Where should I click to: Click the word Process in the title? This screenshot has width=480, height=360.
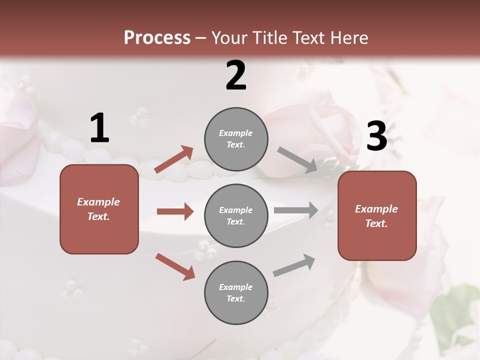click(157, 38)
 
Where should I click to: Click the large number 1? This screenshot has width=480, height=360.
click(99, 128)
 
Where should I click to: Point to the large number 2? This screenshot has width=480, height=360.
click(236, 75)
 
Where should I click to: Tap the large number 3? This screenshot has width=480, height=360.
click(376, 137)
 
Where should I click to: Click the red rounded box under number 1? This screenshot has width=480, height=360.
click(99, 209)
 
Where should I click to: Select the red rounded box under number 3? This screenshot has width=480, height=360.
click(377, 216)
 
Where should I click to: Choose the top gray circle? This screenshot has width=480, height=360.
click(236, 139)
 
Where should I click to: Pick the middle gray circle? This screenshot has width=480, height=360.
click(236, 215)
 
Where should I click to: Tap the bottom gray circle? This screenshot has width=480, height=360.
click(236, 292)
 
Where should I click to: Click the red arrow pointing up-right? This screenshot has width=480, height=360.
click(174, 159)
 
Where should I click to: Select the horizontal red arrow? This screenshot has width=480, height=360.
click(175, 211)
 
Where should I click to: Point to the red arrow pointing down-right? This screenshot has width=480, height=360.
click(175, 266)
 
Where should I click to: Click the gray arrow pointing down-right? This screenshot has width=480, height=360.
click(297, 160)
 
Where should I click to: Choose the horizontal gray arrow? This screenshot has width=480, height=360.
click(296, 210)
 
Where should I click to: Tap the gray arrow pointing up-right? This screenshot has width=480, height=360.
click(294, 265)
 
